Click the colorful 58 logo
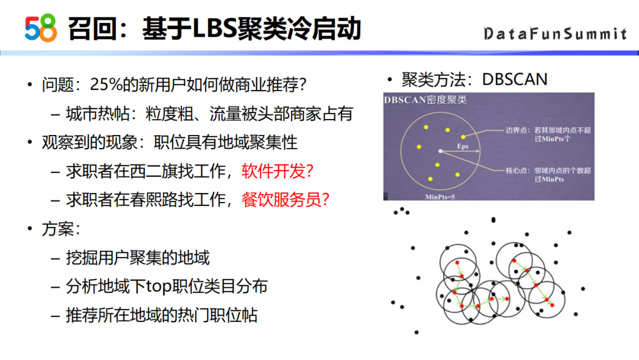tap(41, 28)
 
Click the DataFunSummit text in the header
tap(555, 33)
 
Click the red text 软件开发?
tap(277, 171)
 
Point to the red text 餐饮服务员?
tap(285, 200)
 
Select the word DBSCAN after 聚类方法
tap(515, 79)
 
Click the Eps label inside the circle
tap(463, 146)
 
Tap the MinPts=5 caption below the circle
tap(440, 197)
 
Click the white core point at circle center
tap(440, 151)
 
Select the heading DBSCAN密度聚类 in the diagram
tap(425, 100)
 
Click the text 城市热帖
tap(98, 114)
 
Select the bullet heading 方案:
tap(60, 229)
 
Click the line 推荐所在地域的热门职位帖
tap(162, 315)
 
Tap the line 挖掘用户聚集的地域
tap(138, 258)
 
